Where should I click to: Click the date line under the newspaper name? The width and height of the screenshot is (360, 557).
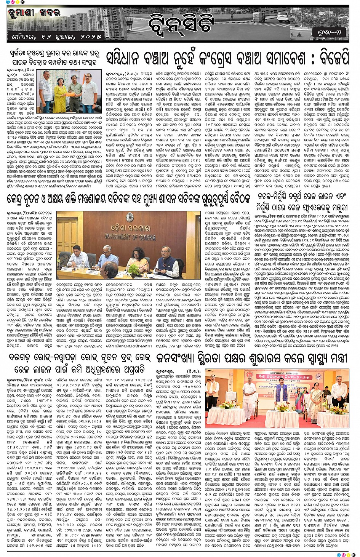(x=51, y=37)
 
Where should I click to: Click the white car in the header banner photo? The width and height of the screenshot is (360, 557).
(x=283, y=17)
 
